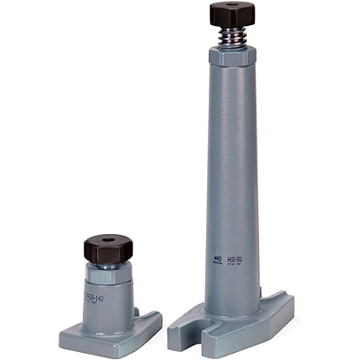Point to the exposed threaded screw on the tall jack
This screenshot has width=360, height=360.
(x=231, y=38)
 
